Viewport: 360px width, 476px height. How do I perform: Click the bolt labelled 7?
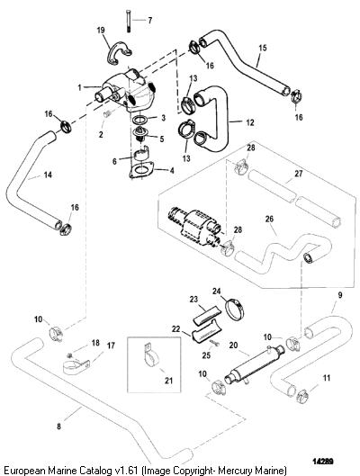128,21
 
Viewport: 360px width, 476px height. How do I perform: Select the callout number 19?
101,30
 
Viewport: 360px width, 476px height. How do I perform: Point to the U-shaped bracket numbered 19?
119,53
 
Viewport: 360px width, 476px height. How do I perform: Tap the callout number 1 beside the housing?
79,88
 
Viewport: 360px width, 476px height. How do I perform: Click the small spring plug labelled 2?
107,114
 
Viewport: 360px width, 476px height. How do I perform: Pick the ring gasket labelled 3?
139,120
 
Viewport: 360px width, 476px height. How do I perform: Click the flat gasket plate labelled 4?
140,170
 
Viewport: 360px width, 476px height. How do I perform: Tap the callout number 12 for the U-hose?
250,122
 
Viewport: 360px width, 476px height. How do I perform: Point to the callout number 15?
263,48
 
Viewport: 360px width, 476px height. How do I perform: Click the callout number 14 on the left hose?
48,175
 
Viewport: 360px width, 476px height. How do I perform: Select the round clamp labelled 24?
236,309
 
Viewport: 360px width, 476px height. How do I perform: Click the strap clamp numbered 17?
76,367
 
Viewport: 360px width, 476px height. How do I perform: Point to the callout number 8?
58,427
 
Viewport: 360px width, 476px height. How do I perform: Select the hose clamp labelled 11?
302,397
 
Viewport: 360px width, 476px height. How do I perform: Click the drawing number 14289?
323,462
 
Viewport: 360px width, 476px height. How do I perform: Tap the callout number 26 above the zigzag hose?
269,219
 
